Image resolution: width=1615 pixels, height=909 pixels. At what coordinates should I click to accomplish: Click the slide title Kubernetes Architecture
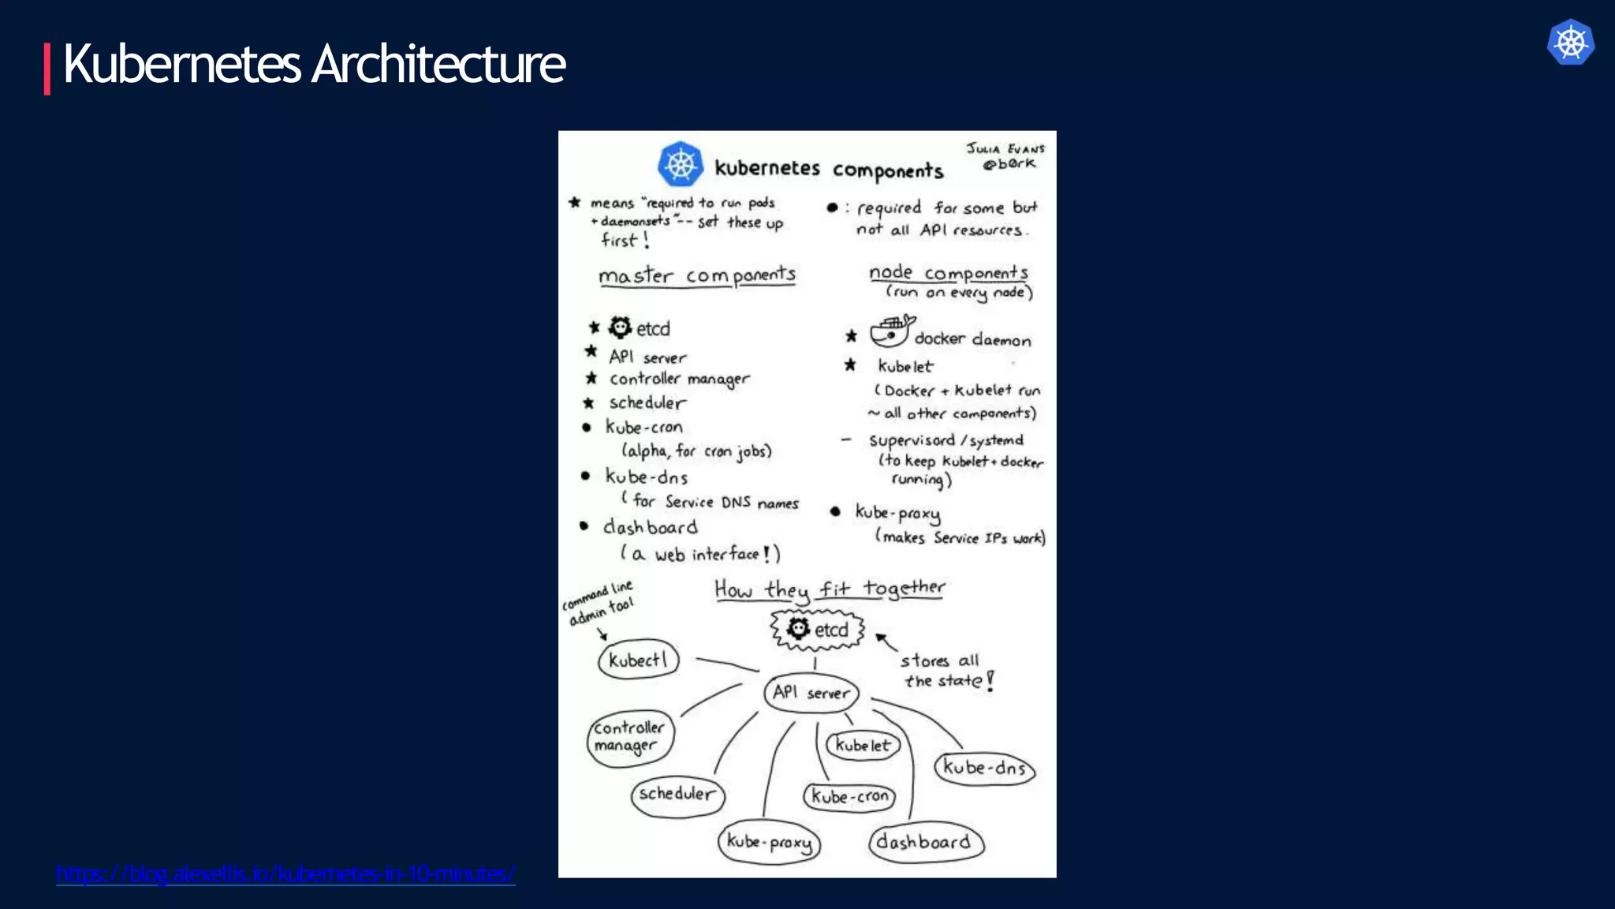(314, 65)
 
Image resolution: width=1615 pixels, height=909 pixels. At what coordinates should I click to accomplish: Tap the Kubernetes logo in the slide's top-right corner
(1570, 43)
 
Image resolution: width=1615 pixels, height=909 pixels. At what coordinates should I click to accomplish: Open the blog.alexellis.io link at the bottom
(285, 873)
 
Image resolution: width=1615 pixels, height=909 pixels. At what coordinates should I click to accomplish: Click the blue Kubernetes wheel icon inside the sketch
(681, 165)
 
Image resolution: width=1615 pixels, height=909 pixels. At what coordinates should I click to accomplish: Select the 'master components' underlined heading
(697, 275)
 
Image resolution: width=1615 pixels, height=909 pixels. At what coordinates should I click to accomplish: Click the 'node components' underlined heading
(949, 273)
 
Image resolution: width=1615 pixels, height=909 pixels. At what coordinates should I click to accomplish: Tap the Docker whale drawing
(892, 331)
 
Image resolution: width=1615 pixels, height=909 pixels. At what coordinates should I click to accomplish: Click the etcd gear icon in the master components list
(621, 327)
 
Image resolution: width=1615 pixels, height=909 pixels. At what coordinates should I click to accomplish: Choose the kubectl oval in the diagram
(638, 660)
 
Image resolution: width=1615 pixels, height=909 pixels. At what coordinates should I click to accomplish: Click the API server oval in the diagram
(811, 693)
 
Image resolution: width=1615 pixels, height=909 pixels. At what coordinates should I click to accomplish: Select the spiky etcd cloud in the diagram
(818, 630)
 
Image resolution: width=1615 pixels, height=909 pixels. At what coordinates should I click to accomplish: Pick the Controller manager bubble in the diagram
(630, 737)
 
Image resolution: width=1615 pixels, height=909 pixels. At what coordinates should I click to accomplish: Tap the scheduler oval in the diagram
(677, 794)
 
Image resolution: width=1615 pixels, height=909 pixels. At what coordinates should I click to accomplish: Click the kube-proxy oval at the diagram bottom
(769, 842)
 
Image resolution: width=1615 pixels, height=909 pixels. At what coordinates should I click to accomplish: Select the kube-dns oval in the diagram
(984, 768)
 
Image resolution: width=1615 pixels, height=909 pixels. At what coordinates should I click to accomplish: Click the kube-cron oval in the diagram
(849, 797)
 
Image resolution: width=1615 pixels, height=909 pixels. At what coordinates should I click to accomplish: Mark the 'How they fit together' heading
(829, 589)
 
